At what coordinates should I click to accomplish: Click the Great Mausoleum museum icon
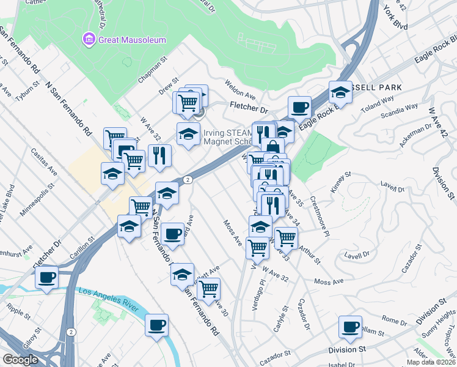pyautogui.click(x=89, y=40)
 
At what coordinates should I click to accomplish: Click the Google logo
pyautogui.click(x=20, y=360)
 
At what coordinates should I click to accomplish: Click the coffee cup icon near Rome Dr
pyautogui.click(x=351, y=327)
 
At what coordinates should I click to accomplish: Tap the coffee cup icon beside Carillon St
pyautogui.click(x=46, y=277)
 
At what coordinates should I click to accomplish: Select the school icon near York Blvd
pyautogui.click(x=340, y=92)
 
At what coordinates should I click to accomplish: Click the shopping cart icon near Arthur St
pyautogui.click(x=285, y=237)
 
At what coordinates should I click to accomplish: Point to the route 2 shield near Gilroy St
pyautogui.click(x=72, y=332)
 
